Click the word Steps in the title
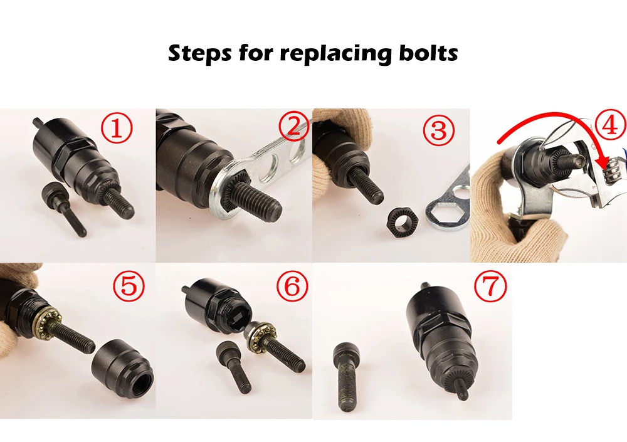point(199,53)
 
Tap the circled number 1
point(116,128)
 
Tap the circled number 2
point(294,127)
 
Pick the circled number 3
point(438,130)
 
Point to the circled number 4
point(610,125)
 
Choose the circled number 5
point(129,286)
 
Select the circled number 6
point(292,286)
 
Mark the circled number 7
point(490,286)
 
